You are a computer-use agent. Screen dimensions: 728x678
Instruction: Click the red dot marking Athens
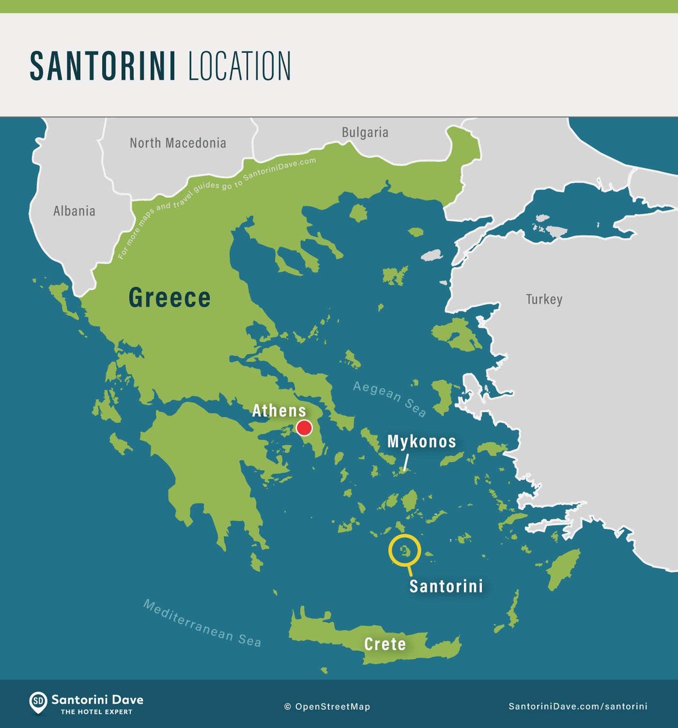point(304,428)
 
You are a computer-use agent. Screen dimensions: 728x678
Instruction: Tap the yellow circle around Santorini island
point(404,550)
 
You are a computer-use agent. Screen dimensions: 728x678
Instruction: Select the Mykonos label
point(422,442)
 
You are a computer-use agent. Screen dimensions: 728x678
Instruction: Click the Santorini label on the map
point(446,586)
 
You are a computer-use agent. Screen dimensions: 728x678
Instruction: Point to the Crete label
point(385,644)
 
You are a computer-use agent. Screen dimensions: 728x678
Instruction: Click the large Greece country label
point(169,297)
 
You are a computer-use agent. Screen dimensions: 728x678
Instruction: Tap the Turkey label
point(544,299)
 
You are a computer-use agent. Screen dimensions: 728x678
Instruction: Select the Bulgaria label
point(365,132)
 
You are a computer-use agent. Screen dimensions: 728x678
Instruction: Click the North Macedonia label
point(178,143)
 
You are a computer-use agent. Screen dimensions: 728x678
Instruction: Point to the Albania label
point(74,211)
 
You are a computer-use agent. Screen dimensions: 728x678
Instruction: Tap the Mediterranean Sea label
point(202,624)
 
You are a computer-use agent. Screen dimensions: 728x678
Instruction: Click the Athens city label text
point(279,411)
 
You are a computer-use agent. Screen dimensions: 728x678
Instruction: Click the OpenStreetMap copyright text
point(327,707)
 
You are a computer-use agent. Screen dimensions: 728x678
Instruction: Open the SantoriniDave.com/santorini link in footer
point(578,706)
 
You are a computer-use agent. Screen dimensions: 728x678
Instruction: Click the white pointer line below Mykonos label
point(406,462)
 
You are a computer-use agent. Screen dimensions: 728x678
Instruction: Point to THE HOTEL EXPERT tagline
point(96,712)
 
